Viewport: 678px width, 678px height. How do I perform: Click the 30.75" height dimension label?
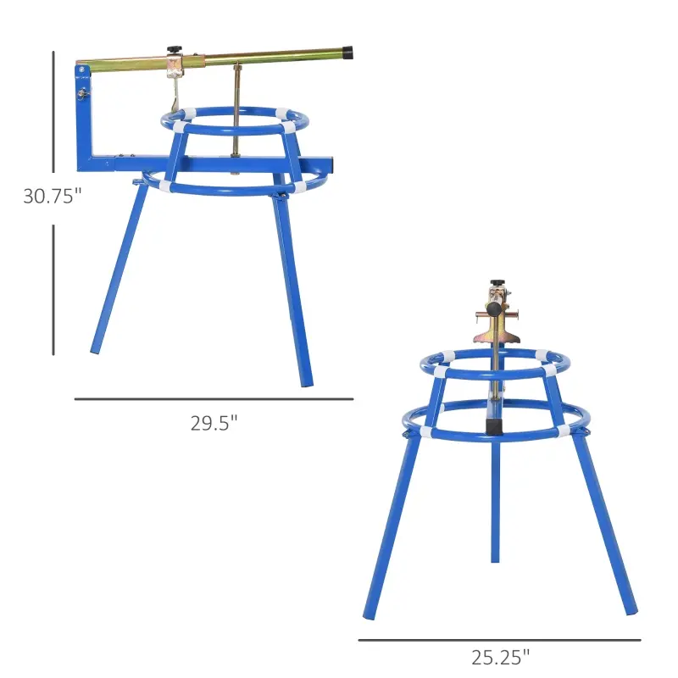(x=53, y=197)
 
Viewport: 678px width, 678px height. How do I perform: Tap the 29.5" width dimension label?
(x=214, y=423)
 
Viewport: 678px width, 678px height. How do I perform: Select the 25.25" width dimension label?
(x=500, y=656)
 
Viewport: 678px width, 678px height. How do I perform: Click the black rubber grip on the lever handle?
(x=347, y=53)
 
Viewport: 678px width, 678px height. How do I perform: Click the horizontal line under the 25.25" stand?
(x=499, y=640)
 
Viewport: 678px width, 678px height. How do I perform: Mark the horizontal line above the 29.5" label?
(x=214, y=399)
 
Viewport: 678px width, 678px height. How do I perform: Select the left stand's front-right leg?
(x=293, y=288)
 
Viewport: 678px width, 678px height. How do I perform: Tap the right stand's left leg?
(x=392, y=525)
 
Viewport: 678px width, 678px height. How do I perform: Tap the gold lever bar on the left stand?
(x=254, y=58)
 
